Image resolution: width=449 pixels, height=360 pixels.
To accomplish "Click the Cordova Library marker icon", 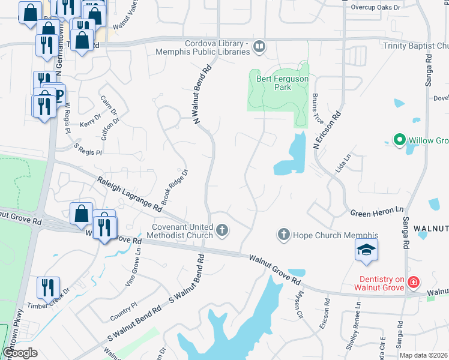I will point(259,46).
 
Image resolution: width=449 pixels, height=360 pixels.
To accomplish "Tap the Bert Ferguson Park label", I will point(274,83).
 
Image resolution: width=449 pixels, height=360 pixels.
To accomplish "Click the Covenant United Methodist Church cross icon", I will point(222,230).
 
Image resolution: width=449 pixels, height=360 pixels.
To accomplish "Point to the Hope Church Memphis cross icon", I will point(284,235).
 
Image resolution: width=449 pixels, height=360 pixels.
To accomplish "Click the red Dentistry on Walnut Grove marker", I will point(412,281).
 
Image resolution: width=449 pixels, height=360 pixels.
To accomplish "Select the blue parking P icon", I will point(58,95).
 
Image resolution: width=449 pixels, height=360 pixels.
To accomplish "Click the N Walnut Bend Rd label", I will point(203,96).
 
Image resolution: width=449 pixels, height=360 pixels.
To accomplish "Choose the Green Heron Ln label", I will point(377,211).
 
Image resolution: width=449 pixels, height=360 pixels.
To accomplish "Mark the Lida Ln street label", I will point(345,163).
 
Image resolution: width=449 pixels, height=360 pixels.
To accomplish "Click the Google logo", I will point(20,352).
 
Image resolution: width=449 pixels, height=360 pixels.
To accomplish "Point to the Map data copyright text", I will point(424,355).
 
